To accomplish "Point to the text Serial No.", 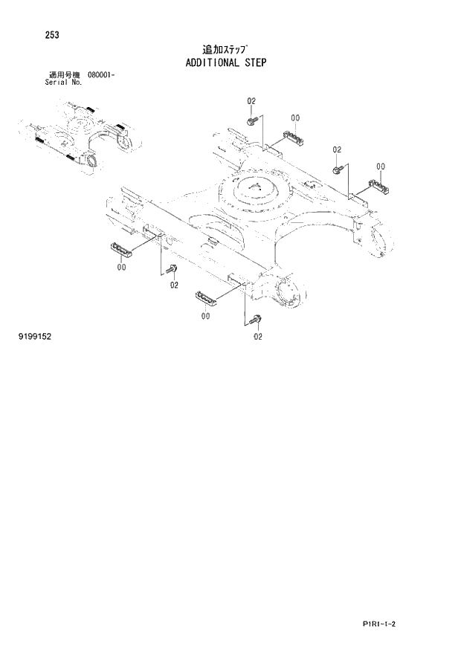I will [63, 83].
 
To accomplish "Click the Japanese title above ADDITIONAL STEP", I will [229, 49].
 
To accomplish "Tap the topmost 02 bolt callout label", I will [251, 100].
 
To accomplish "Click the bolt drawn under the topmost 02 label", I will [253, 117].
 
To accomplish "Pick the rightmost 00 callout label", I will [381, 166].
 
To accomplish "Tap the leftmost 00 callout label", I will [121, 270].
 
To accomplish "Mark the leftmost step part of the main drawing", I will [120, 248].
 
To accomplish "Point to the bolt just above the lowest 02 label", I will [257, 320].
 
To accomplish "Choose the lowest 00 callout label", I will [205, 316].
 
